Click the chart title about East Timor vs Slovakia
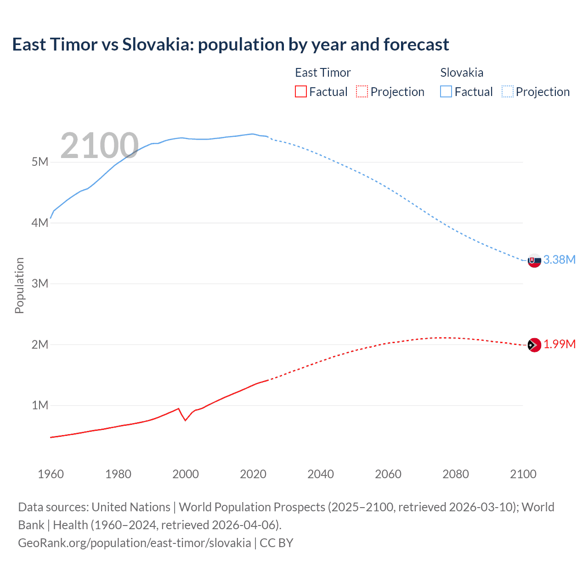230,45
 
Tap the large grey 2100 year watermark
99,146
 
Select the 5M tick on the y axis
40,162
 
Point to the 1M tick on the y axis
40,406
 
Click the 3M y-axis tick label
40,283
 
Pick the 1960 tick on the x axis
51,474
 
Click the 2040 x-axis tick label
321,474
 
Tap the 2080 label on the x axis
456,474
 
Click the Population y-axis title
19,285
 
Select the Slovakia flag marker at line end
534,260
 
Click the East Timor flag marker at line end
534,345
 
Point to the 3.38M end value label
560,260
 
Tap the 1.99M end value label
560,345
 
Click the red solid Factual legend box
301,92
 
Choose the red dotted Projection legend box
362,92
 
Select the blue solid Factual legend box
446,92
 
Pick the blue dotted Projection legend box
508,92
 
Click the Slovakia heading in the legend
462,73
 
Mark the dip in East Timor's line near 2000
185,420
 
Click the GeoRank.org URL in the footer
135,543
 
